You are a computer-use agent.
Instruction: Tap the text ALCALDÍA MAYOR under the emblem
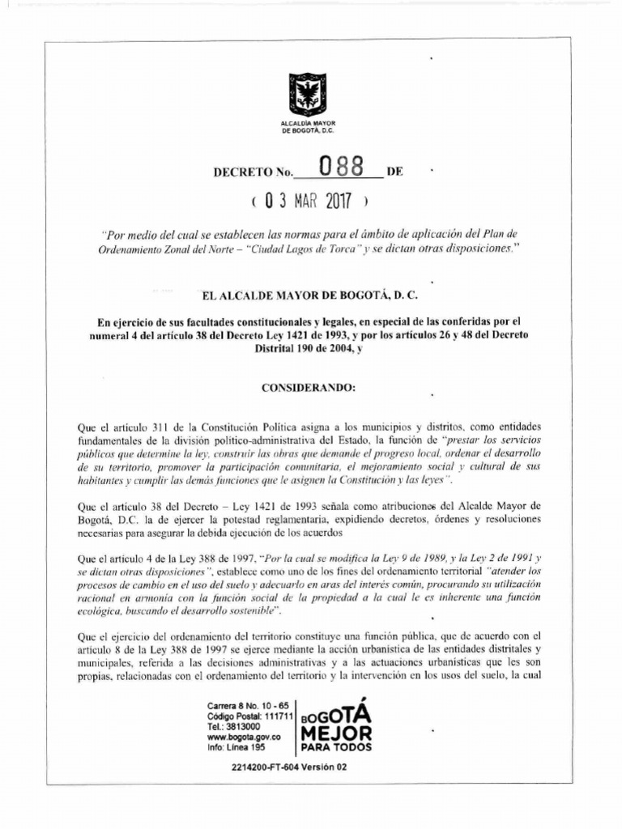[308, 122]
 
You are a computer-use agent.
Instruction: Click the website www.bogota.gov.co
[244, 738]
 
